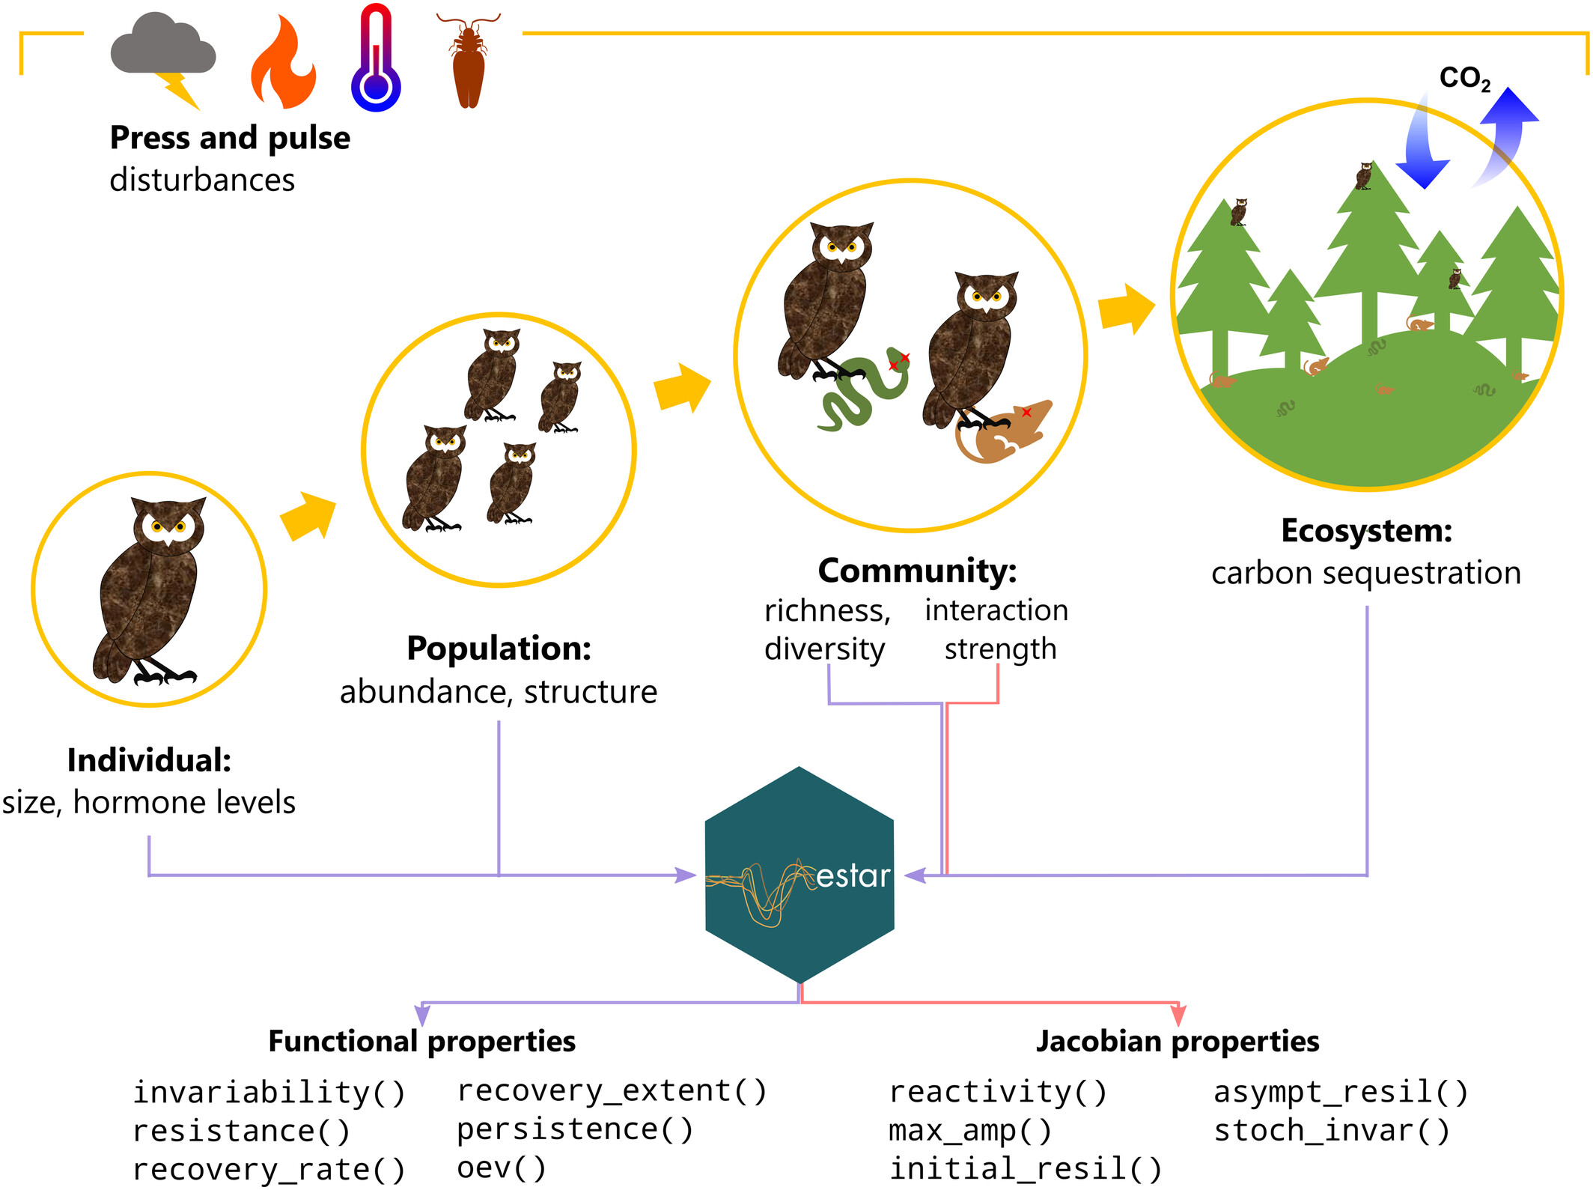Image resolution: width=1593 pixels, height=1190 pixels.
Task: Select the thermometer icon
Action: tap(376, 60)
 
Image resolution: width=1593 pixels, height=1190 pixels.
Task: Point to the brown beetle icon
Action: tap(469, 63)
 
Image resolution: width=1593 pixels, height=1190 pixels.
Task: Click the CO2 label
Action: tap(1464, 78)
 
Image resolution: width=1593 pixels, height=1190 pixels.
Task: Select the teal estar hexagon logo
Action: tap(799, 875)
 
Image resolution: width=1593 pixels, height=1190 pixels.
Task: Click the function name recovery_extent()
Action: tap(612, 1090)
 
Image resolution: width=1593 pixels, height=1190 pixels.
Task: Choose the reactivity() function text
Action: tap(997, 1092)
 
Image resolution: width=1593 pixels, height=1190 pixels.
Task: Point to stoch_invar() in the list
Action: tap(1332, 1130)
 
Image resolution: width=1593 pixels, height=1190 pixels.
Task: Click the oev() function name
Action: tap(501, 1168)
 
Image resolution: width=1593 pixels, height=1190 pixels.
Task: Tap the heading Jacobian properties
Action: tap(1177, 1041)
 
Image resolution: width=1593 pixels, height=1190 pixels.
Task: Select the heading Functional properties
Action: tap(421, 1041)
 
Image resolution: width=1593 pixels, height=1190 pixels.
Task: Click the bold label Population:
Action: tap(499, 649)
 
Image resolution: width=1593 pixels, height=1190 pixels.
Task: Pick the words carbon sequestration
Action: tap(1365, 573)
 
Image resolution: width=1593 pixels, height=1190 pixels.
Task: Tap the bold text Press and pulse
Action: tap(230, 138)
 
